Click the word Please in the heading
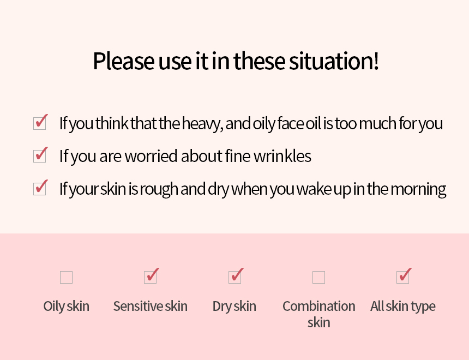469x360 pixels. tap(124, 61)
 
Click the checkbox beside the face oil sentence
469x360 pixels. tap(40, 123)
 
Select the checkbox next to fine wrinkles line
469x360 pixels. tap(40, 156)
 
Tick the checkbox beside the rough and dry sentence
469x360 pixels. tap(40, 189)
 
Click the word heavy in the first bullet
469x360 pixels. tap(202, 124)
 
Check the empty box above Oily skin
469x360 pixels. tap(66, 278)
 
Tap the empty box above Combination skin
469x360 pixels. tap(318, 278)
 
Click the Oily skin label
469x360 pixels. tap(66, 307)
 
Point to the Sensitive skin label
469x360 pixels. tap(151, 307)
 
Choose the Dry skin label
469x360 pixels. tap(234, 307)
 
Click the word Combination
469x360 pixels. tap(319, 307)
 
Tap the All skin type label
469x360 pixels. tap(403, 307)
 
